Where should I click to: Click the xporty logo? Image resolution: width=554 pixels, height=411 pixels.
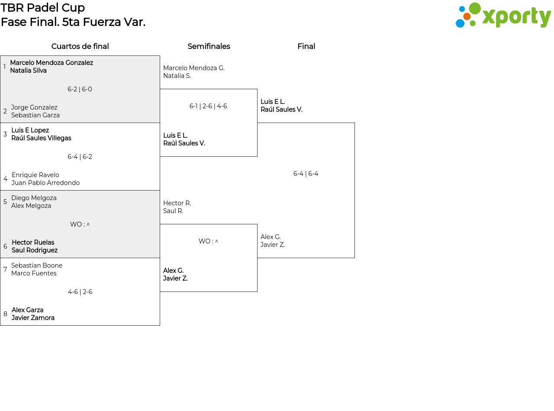click(503, 15)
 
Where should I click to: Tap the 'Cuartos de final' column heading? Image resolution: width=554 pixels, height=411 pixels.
click(80, 46)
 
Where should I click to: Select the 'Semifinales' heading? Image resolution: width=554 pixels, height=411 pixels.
click(209, 46)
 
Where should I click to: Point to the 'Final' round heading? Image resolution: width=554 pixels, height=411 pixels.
click(306, 46)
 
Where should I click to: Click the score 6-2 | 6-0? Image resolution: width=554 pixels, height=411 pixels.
click(80, 89)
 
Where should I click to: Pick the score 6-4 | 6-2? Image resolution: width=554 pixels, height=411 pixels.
click(80, 157)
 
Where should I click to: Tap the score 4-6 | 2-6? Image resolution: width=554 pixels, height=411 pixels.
click(80, 292)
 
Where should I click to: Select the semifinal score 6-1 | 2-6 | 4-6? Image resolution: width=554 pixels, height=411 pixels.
click(208, 106)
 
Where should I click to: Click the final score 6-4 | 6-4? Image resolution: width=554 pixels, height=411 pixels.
click(306, 174)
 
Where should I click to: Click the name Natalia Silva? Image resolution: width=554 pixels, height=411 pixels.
click(28, 71)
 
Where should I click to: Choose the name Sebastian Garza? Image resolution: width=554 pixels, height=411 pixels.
click(35, 115)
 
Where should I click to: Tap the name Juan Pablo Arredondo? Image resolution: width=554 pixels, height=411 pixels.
click(45, 183)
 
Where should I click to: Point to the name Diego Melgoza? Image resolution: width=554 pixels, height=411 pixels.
click(34, 198)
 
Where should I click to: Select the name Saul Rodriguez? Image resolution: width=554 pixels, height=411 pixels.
click(35, 250)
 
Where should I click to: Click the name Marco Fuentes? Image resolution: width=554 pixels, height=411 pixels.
click(34, 273)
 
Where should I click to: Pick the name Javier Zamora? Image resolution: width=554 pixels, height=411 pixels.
click(33, 318)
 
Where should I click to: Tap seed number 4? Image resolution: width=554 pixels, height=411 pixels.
click(6, 179)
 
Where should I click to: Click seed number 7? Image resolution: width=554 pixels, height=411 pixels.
click(5, 269)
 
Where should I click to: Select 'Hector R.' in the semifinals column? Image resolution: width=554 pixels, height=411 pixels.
click(177, 203)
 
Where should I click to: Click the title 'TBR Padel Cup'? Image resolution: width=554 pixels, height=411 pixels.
click(42, 8)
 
